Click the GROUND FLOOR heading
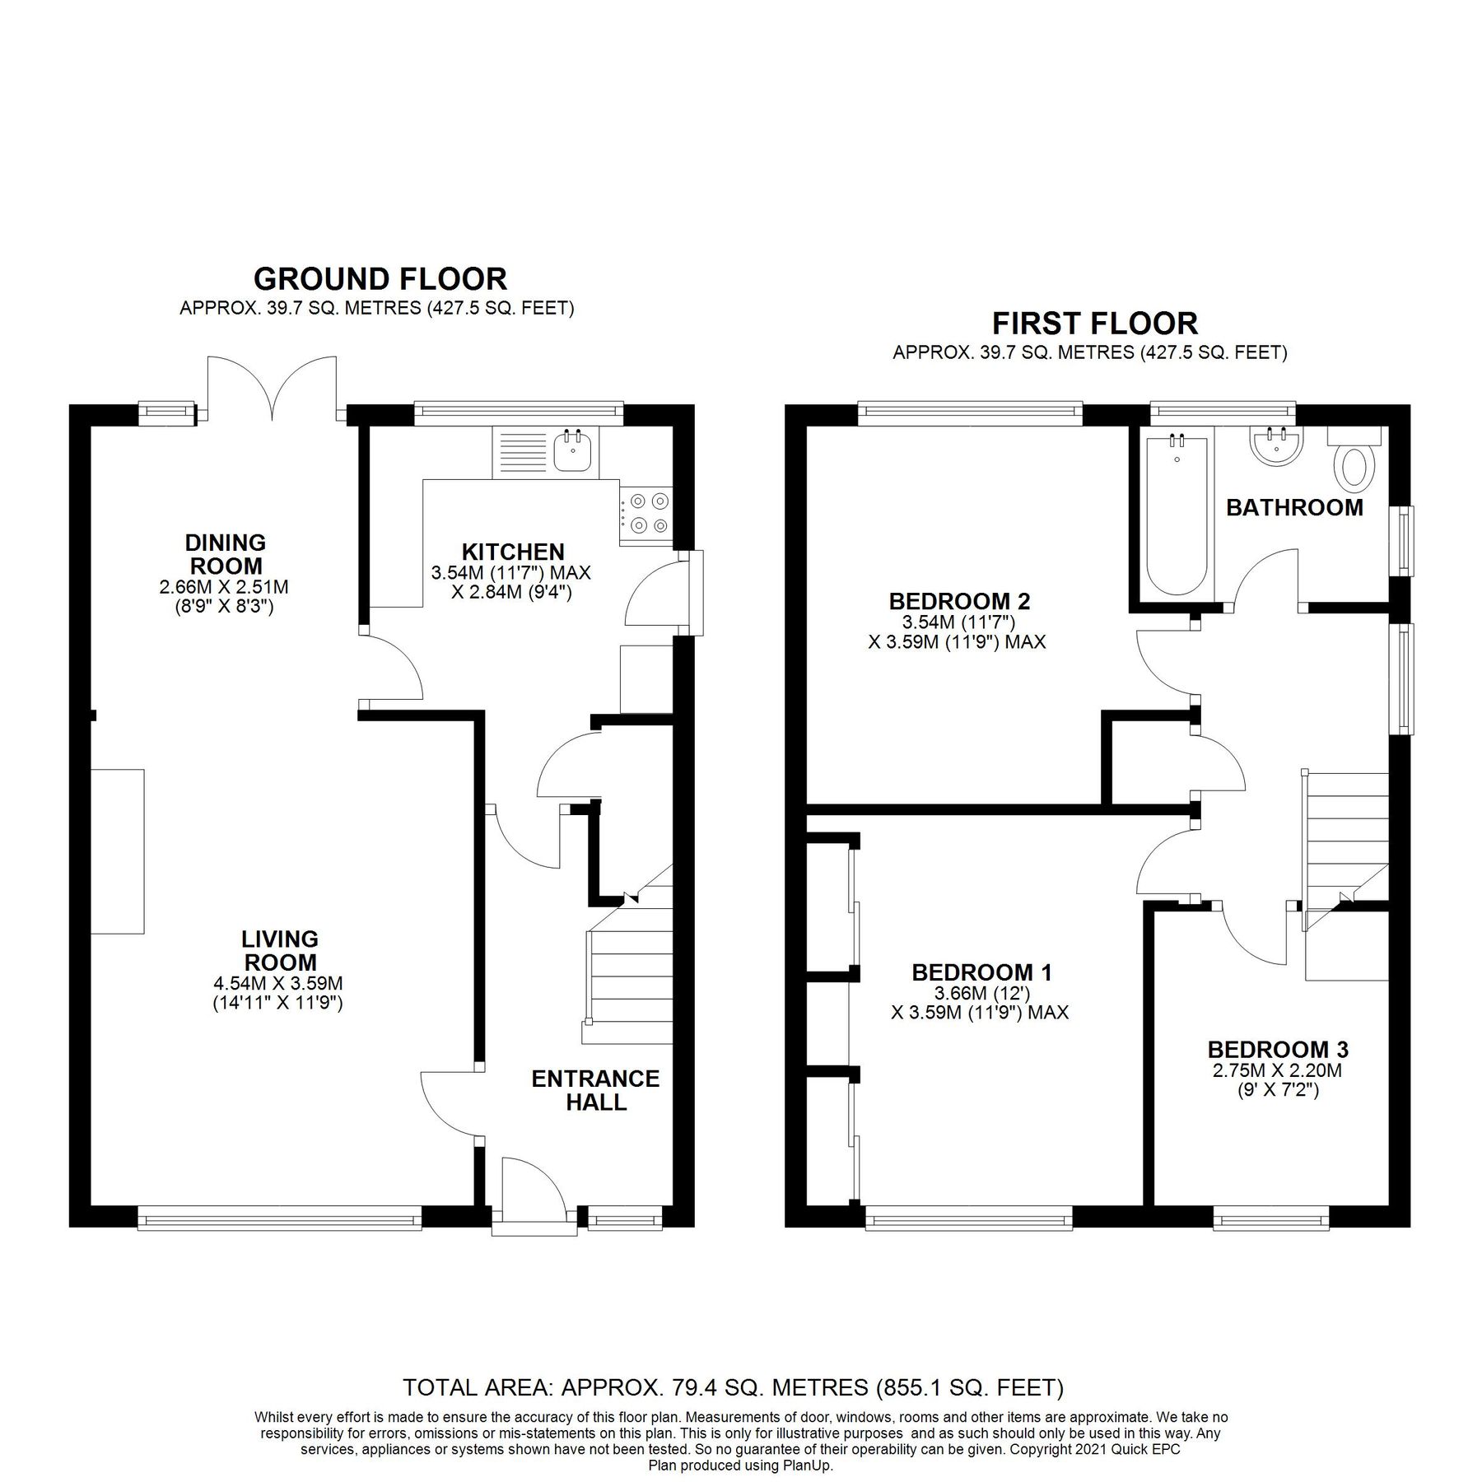pos(380,279)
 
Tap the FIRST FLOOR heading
pos(1094,322)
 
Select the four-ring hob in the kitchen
pos(646,513)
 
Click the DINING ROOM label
pos(225,554)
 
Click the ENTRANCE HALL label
pos(595,1090)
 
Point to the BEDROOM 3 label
pos(1278,1050)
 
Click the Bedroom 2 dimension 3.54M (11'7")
pos(959,622)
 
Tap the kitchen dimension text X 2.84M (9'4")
pos(510,592)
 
